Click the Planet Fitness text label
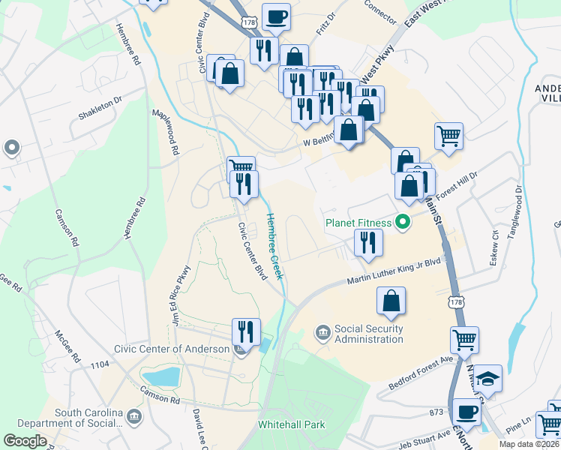(x=359, y=222)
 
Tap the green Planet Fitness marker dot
(x=403, y=222)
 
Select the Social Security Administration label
(x=368, y=334)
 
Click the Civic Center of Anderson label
(x=172, y=349)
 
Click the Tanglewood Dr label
(x=515, y=212)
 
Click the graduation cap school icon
(x=487, y=379)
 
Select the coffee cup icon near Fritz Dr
(x=276, y=16)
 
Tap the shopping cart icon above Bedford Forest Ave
(x=464, y=339)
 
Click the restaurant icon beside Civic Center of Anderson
(x=245, y=330)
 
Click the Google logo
(x=25, y=440)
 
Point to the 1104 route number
(x=100, y=364)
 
